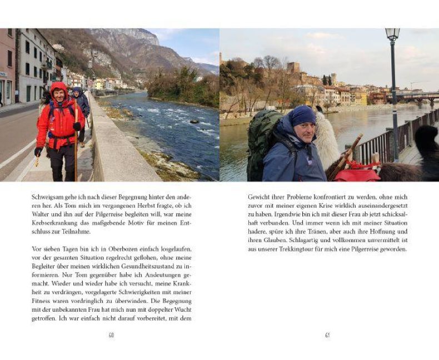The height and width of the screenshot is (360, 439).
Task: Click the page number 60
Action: [111, 335]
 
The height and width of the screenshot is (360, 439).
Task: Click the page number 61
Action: [327, 335]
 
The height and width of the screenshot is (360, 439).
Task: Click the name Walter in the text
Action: [41, 207]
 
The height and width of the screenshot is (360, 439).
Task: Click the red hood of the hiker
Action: [58, 88]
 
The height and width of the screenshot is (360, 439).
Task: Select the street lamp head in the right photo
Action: [392, 35]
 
